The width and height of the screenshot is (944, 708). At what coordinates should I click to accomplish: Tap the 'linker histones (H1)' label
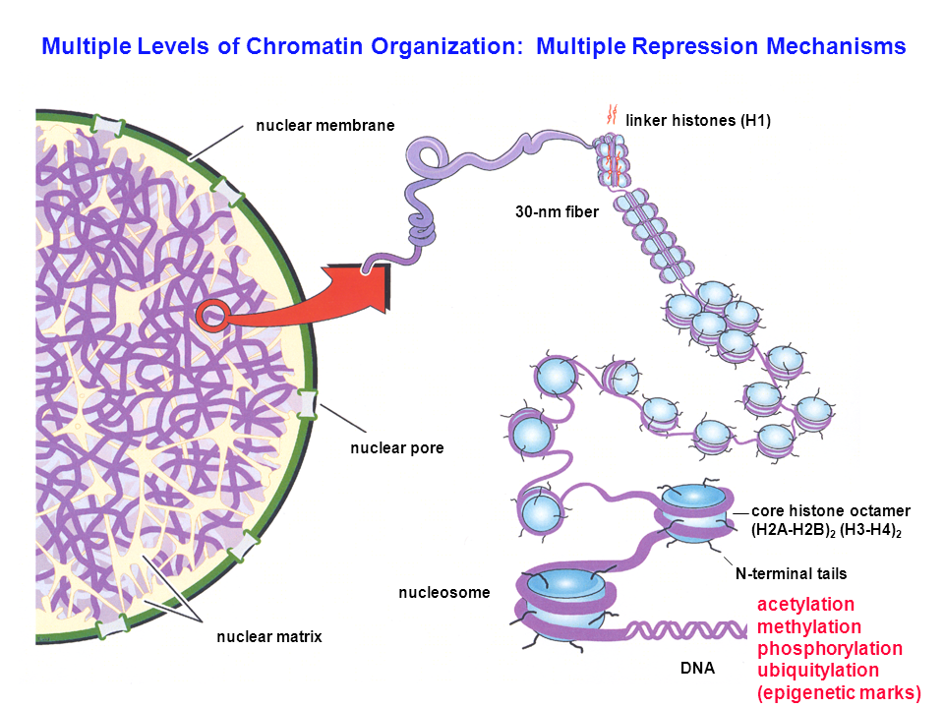point(698,121)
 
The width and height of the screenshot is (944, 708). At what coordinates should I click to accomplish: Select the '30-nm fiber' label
point(557,210)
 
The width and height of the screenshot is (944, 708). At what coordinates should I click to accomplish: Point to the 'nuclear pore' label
point(397,448)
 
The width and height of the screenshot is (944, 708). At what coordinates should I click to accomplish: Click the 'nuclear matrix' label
point(269,637)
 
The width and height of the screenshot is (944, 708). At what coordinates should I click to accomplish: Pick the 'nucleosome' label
point(443,593)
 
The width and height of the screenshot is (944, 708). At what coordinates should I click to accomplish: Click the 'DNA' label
point(698,669)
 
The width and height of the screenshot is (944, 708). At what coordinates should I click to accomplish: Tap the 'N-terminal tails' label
point(791,573)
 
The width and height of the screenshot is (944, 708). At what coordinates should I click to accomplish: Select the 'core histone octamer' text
point(831,511)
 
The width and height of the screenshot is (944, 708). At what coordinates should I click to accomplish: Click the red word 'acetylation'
point(805,604)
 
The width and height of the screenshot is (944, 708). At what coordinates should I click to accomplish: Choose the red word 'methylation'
point(808,626)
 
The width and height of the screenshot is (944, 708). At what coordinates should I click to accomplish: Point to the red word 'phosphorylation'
point(829,649)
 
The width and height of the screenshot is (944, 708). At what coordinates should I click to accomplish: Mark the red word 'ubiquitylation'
point(817,671)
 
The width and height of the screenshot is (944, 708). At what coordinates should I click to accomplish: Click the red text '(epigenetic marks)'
point(839,693)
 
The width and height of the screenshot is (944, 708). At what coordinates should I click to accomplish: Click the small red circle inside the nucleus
point(213,315)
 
